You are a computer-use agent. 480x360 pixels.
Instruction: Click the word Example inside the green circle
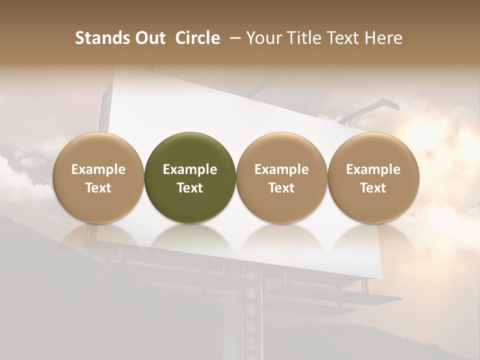190,169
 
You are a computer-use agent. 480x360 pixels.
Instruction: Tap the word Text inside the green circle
190,188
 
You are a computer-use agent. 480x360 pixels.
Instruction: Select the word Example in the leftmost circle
98,169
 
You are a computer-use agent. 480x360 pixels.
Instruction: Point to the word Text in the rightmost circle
373,188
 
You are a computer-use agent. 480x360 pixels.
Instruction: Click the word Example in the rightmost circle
373,169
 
